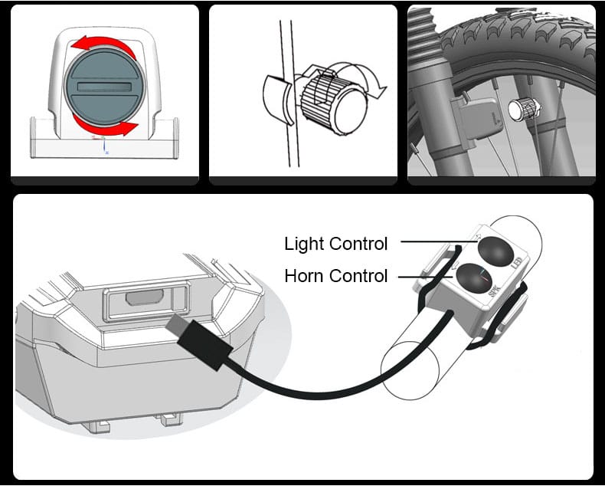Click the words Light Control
[335, 244]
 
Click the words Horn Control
[335, 275]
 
